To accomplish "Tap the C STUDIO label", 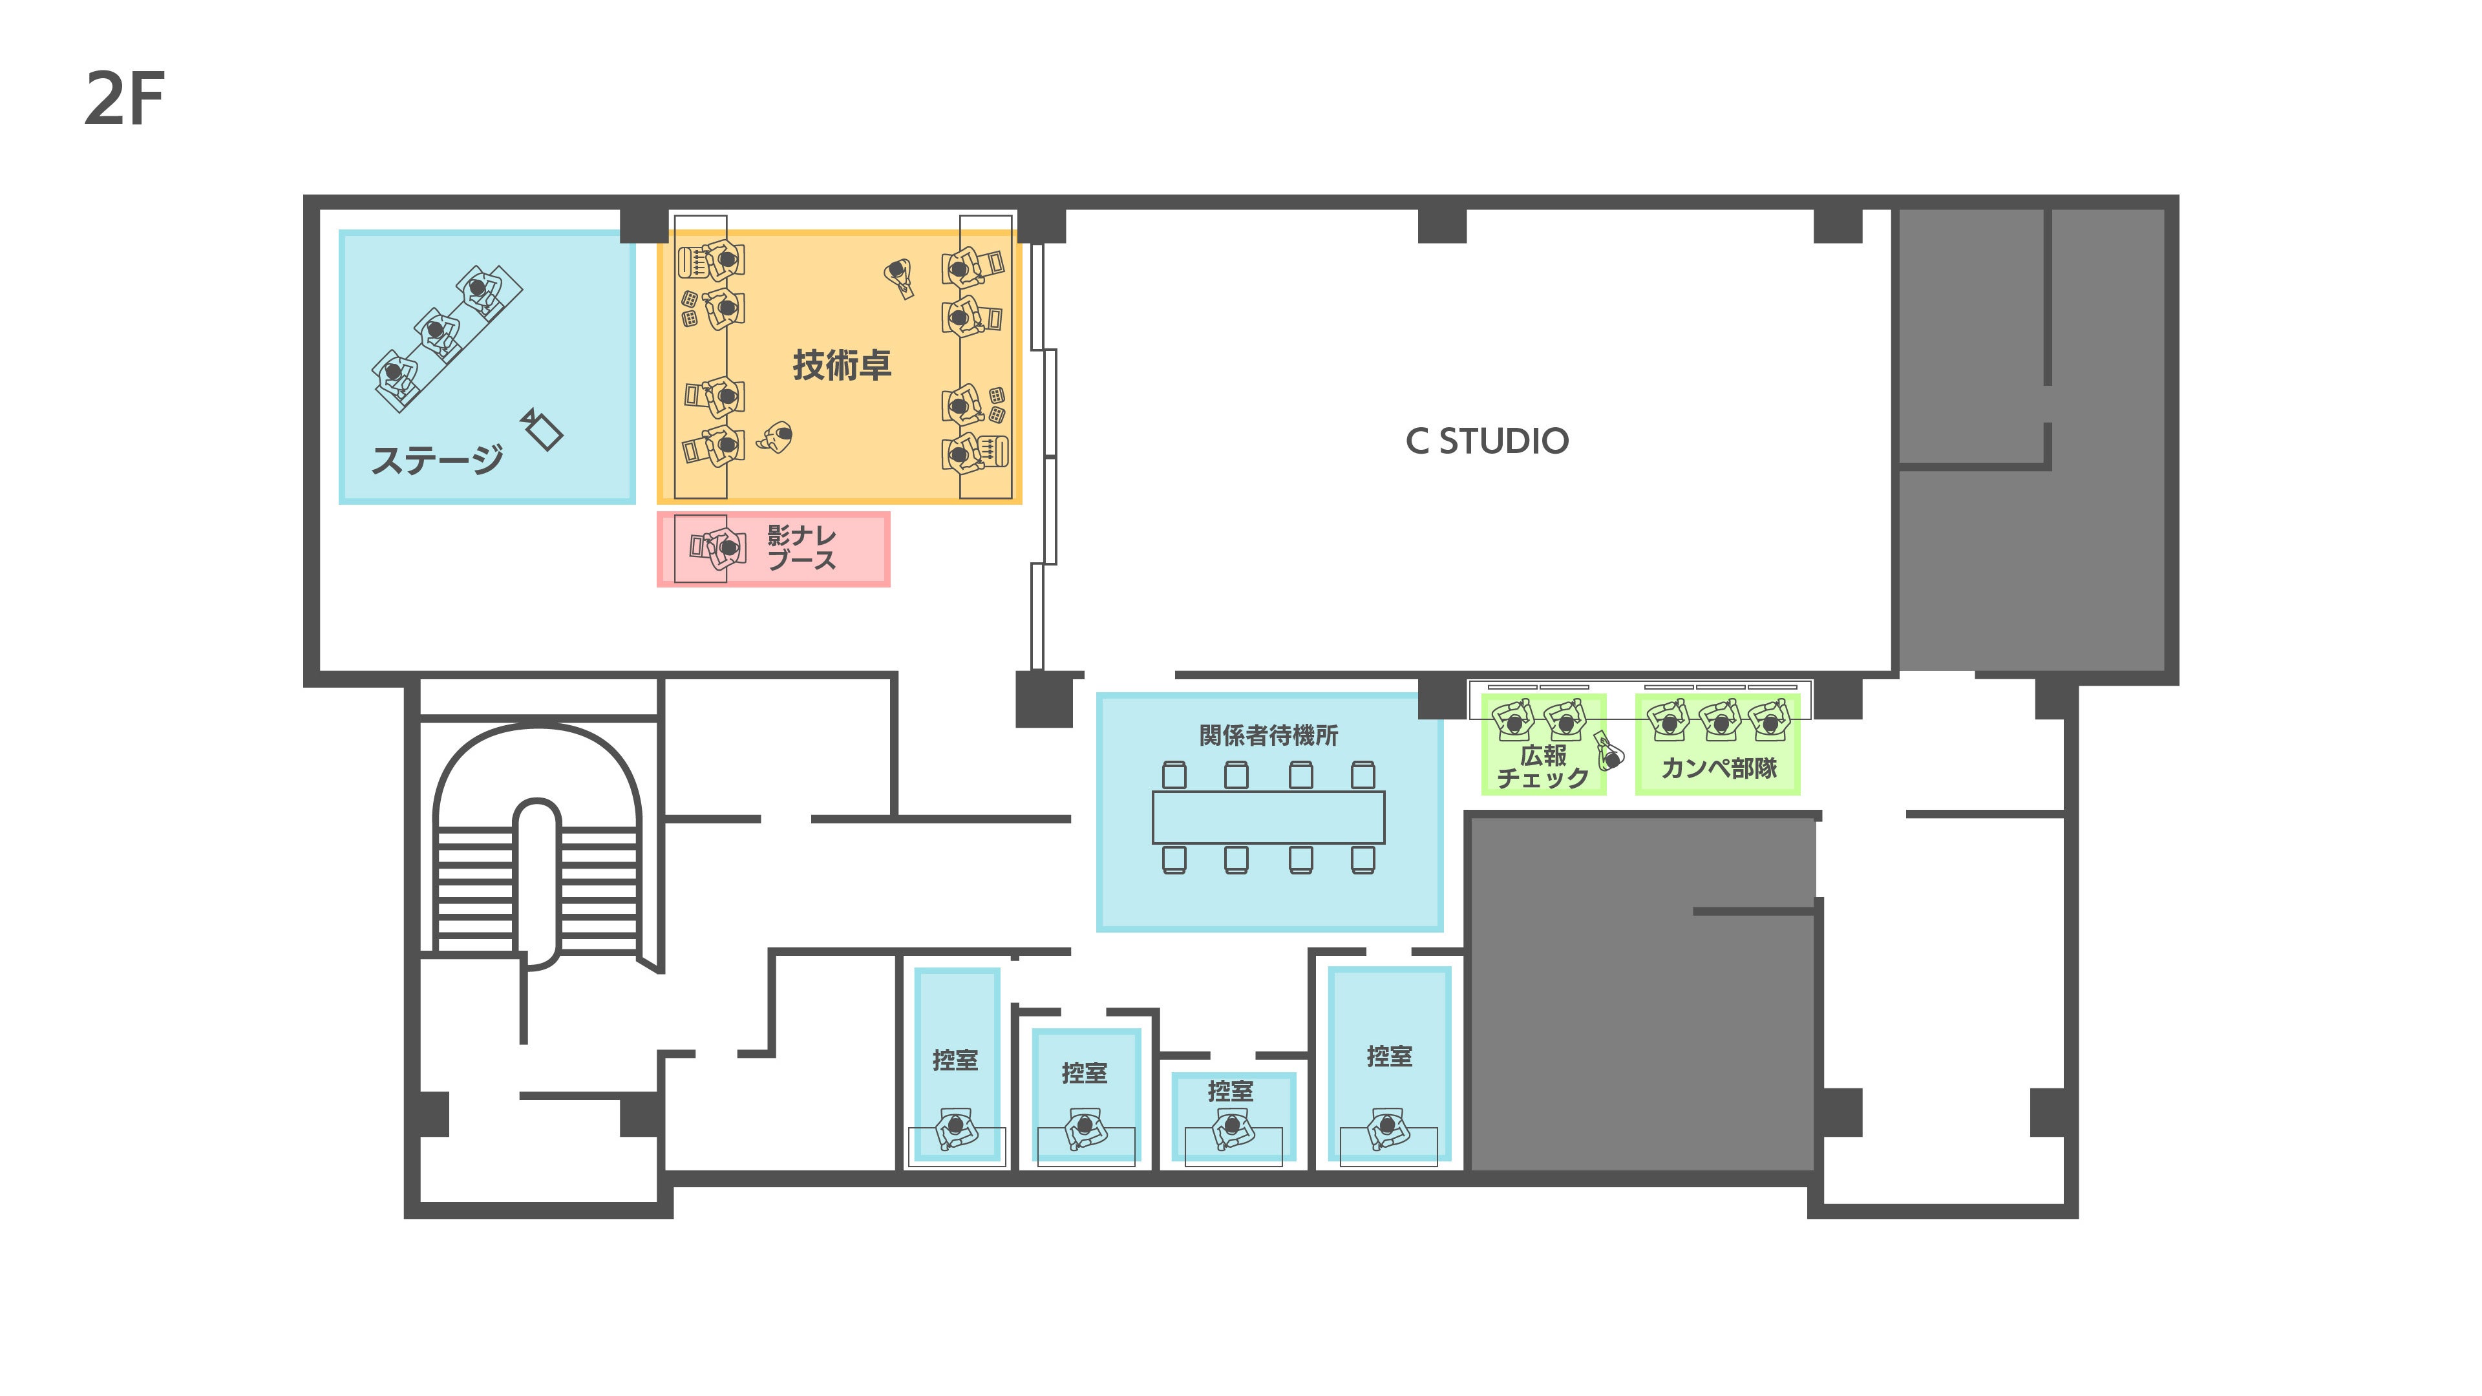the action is coord(1487,441).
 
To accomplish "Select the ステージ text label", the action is coord(438,460).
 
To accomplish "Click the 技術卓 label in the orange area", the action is coord(841,365).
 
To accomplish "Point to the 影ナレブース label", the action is coord(801,547).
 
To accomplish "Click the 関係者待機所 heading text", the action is coord(1268,735).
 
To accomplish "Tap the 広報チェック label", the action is coord(1542,767).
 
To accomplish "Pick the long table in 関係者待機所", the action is coord(1268,817).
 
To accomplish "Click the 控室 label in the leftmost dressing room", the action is coord(955,1060).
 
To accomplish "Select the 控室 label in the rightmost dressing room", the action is coord(1390,1057).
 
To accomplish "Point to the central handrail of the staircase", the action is coord(536,882).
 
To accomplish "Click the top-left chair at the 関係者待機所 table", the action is coord(1174,775).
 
